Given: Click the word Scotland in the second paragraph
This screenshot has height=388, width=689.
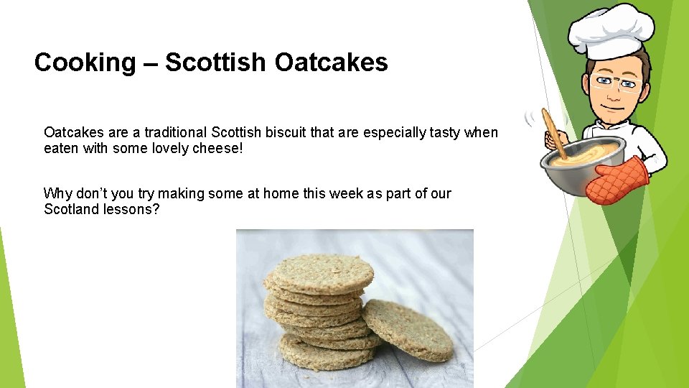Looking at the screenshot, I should tap(70, 209).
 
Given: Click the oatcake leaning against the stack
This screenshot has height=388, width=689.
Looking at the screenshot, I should tap(408, 328).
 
